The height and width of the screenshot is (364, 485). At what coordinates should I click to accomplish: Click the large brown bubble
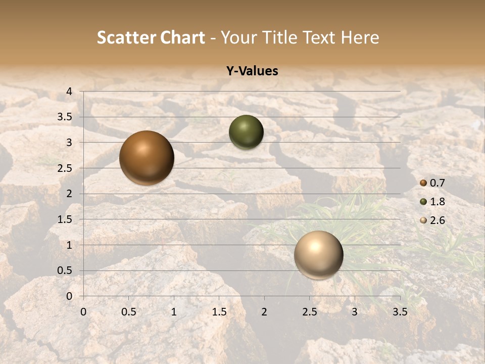click(x=147, y=158)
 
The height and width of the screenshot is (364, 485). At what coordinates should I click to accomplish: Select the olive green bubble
click(x=246, y=132)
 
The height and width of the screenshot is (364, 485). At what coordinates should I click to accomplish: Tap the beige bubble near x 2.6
click(x=318, y=255)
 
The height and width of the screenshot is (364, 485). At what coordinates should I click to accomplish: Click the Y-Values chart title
click(x=252, y=71)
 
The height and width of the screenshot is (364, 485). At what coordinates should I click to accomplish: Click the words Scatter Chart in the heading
click(x=151, y=37)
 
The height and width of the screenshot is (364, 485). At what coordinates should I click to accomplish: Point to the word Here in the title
click(x=360, y=37)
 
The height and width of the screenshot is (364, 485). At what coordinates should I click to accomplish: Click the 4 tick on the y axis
click(x=69, y=92)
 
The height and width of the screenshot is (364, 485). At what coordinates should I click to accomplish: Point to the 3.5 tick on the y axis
click(x=65, y=117)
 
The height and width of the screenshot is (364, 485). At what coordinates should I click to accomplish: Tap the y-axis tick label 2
click(x=69, y=194)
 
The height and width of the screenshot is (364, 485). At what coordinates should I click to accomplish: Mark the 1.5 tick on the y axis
click(x=65, y=219)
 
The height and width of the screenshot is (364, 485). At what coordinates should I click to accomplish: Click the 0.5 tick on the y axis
click(x=65, y=270)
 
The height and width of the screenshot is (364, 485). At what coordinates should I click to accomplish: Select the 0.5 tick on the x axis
click(x=128, y=312)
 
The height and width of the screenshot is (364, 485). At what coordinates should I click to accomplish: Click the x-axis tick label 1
click(x=174, y=312)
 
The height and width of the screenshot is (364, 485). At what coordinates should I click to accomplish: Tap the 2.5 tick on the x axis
click(x=309, y=312)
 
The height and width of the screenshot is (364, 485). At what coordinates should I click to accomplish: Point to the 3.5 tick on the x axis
click(x=400, y=312)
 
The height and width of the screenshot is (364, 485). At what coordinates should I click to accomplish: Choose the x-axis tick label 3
click(x=355, y=312)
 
